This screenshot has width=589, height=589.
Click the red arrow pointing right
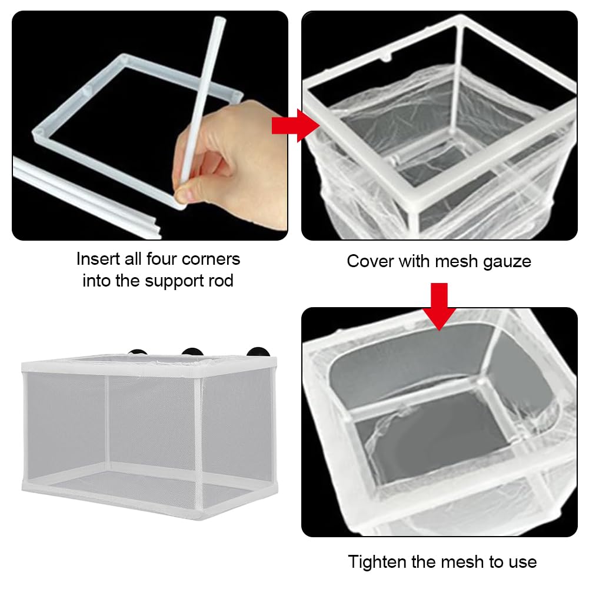(x=295, y=126)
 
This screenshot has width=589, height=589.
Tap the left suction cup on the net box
(x=138, y=352)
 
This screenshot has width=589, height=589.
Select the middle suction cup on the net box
(x=192, y=352)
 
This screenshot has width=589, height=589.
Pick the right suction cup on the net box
(x=258, y=352)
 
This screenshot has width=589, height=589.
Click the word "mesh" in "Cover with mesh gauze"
(x=455, y=261)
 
